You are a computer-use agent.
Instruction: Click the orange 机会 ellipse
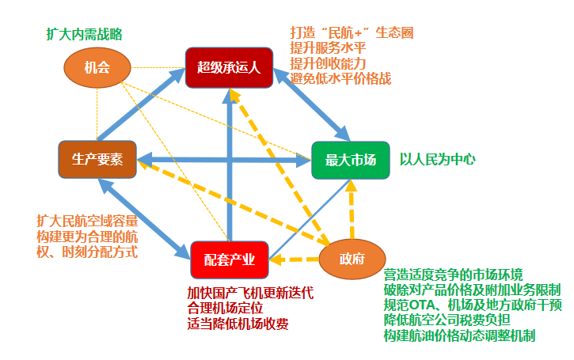pos(97,68)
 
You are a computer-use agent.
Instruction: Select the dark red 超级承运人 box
pos(229,68)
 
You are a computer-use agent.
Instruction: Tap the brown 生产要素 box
pos(97,160)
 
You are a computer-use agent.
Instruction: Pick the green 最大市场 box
pos(351,161)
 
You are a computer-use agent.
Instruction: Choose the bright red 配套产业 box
pos(230,260)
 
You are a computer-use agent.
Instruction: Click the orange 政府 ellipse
pos(352,259)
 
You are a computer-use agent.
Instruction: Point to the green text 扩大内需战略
pos(84,34)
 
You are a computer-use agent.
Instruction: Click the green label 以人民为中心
pos(438,160)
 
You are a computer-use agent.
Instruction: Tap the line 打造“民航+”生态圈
pos(352,33)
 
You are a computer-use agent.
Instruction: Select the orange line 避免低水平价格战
pos(340,78)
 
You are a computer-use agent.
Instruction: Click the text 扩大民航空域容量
pos(87,222)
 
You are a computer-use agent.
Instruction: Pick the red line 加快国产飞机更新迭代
pos(250,293)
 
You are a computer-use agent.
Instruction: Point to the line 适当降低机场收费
pos(238,324)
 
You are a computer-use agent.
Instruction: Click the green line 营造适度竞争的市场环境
pos(453,275)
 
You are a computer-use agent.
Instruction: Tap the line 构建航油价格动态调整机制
pos(459,335)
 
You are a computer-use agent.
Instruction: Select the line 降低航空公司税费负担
pos(447,320)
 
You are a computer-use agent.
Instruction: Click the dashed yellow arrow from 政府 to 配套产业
pos(295,260)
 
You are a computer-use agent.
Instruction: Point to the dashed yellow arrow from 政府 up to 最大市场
pos(352,209)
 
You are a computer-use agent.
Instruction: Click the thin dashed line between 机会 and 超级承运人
pos(158,68)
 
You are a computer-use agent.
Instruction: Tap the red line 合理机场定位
pos(225,309)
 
